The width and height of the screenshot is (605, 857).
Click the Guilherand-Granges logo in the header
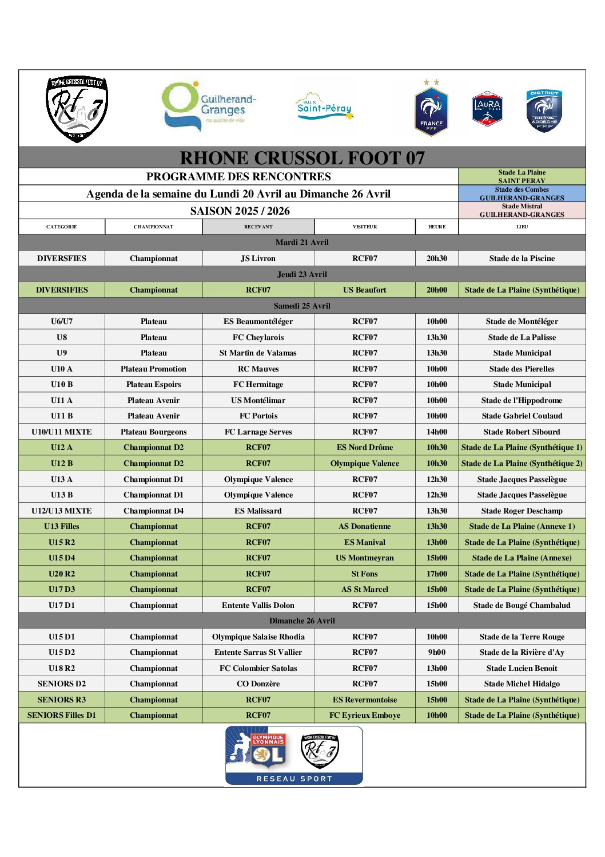point(209,106)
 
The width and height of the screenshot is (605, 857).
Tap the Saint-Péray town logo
point(324,107)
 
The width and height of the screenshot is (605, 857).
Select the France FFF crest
point(431,109)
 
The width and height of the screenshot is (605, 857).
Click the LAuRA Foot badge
point(487,109)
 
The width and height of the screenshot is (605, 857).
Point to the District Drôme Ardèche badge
point(544,110)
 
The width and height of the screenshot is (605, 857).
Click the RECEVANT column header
point(258,227)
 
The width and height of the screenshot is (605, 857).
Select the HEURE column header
point(437,227)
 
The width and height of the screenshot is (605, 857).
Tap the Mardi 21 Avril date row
point(302,242)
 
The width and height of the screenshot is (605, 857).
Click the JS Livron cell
point(258,258)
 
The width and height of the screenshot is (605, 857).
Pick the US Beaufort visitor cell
point(364,290)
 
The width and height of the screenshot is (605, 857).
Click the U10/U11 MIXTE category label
point(62,432)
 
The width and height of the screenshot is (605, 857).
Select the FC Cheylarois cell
point(258,337)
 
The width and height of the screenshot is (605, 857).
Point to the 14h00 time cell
point(437,432)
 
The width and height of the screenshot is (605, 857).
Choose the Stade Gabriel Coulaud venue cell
point(522,416)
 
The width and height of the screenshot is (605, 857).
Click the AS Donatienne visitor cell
point(364,526)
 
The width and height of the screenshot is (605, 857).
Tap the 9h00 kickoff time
point(437,652)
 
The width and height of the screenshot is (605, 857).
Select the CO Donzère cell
point(258,684)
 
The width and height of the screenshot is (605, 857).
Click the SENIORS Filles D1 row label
point(62,715)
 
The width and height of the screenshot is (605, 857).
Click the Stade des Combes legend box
point(522,193)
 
